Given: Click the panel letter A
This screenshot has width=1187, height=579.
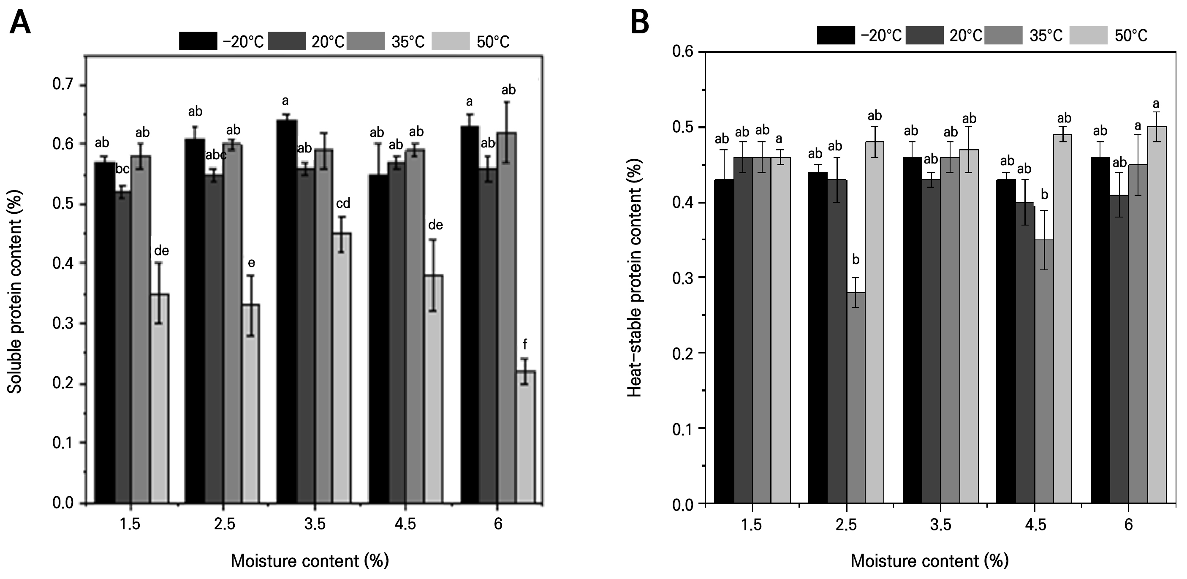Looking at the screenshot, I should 20,22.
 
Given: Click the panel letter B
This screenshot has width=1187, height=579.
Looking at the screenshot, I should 640,22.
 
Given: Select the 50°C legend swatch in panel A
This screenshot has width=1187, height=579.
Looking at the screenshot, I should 450,41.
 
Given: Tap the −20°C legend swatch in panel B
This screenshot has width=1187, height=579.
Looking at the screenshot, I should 835,35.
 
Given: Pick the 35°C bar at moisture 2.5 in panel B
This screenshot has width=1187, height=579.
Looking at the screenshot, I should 856,397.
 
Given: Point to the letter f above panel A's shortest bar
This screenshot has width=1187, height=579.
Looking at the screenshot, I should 524,344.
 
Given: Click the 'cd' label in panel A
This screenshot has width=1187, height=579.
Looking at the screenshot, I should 343,203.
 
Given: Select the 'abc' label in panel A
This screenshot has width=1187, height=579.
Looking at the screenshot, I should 216,155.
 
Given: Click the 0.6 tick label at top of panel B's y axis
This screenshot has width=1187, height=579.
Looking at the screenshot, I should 683,51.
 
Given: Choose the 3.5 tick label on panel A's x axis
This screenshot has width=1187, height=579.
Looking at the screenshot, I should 315,524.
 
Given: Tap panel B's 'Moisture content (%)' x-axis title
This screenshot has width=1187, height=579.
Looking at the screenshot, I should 929,560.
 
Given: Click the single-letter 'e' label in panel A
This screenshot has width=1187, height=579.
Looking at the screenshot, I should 252,263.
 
